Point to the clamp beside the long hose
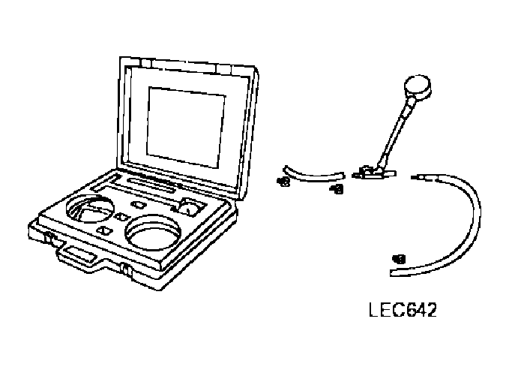coord(398,260)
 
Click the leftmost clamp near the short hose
coord(283,181)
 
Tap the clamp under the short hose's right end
coord(337,191)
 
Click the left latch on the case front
coord(50,239)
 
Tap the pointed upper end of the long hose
coord(417,176)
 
